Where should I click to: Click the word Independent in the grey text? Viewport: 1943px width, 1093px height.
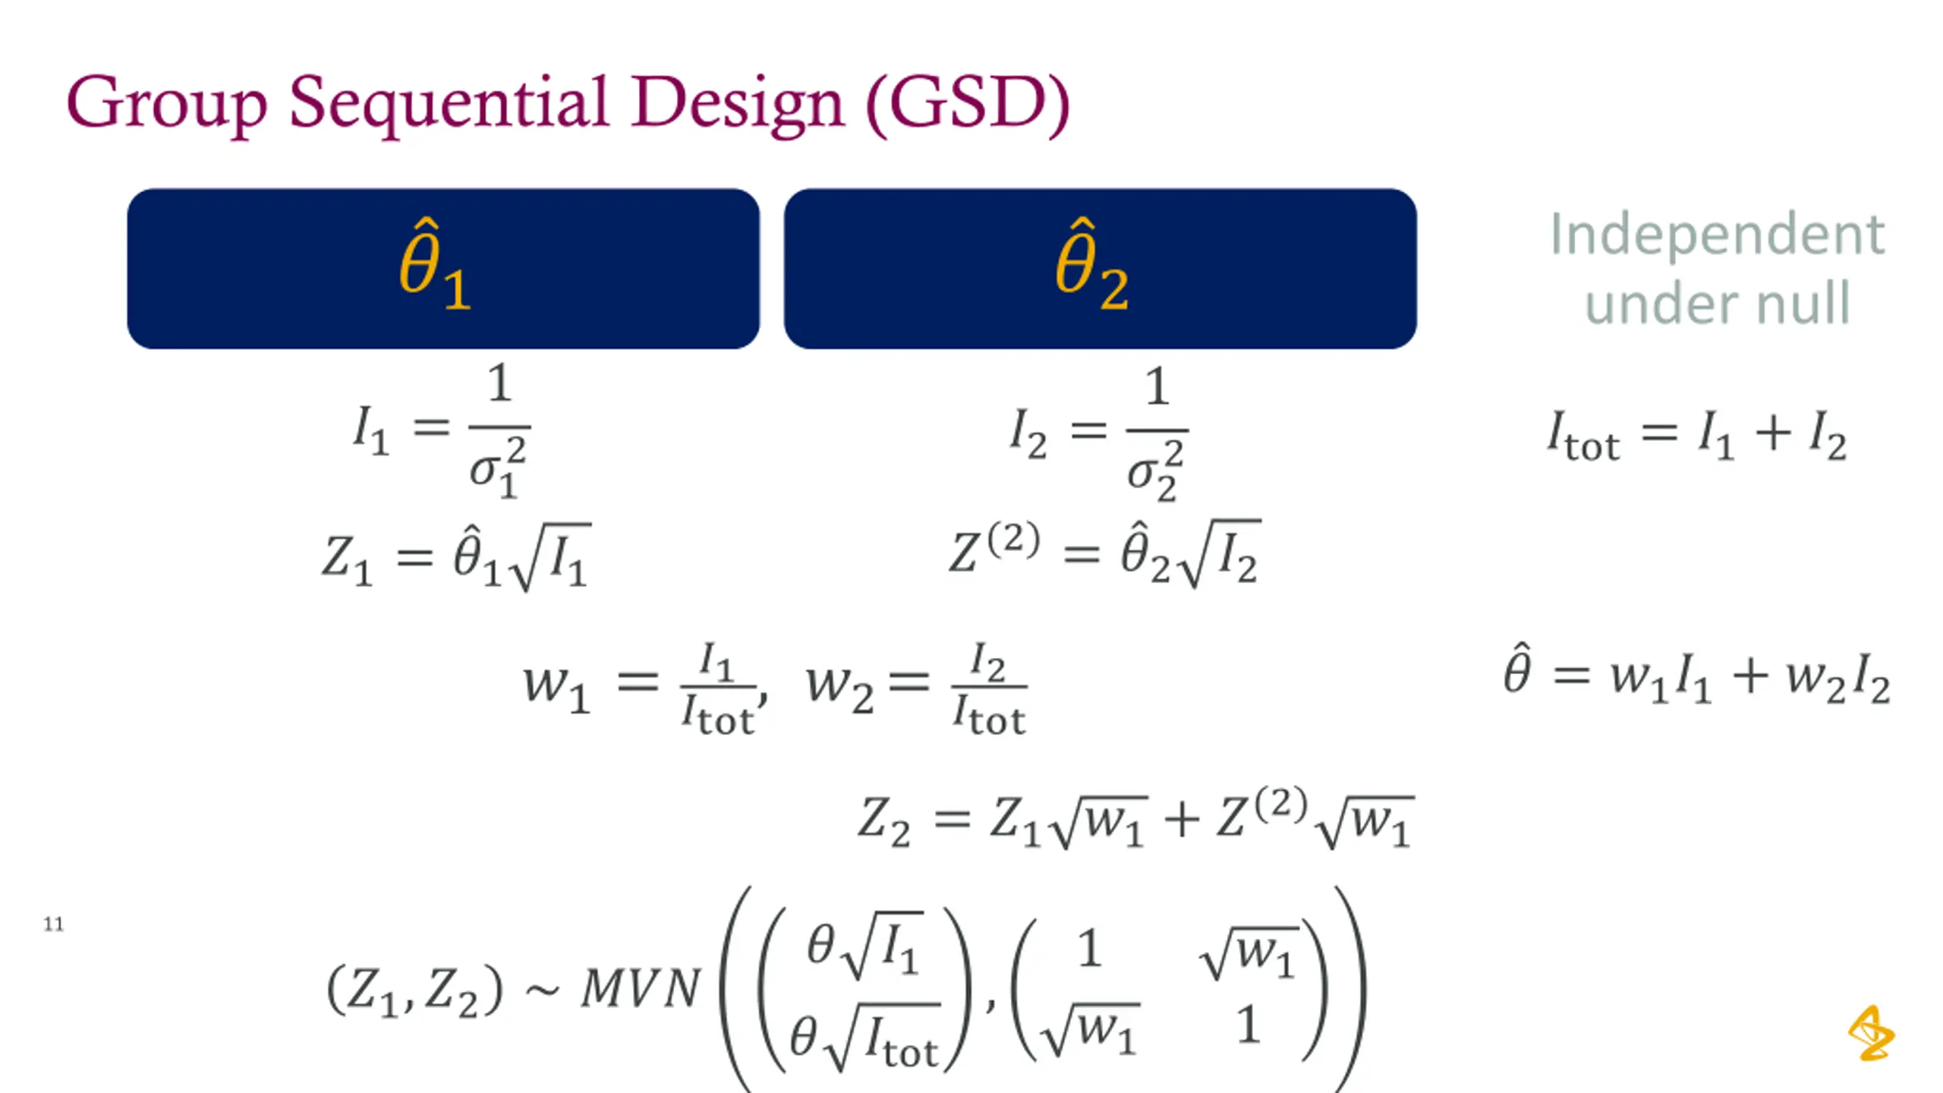(1717, 235)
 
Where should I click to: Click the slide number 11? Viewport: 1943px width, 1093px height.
(53, 924)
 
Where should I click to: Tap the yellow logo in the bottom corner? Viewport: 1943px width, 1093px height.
(1870, 1033)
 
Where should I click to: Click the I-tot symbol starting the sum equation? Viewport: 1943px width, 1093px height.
(1583, 437)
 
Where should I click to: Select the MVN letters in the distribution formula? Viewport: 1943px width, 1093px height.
(640, 990)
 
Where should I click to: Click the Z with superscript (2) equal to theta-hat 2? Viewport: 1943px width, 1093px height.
(994, 552)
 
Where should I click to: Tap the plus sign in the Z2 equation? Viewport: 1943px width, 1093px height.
(1181, 820)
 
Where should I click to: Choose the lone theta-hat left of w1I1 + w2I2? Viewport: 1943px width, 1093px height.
(1516, 671)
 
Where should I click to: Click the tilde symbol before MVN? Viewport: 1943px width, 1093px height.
(542, 991)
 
